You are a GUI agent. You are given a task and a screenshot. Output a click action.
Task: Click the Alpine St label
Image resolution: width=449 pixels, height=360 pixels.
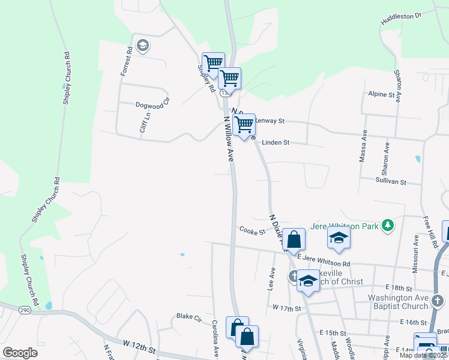tap(384, 94)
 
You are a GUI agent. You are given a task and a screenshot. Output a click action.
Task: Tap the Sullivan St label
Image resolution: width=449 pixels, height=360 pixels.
tap(391, 181)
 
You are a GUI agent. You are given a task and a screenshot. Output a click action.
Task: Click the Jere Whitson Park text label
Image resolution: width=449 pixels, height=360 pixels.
tap(345, 226)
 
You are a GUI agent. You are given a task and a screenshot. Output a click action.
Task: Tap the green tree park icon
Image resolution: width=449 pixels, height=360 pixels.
tap(388, 226)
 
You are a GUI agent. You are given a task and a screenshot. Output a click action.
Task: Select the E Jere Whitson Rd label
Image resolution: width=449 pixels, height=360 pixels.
tap(324, 261)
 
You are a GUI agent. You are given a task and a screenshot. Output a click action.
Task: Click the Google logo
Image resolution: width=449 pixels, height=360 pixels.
tap(20, 352)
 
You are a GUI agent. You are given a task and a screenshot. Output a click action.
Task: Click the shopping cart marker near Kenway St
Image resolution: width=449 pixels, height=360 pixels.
tap(244, 125)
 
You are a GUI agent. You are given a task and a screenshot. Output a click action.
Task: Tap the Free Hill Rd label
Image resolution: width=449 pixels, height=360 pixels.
tap(427, 228)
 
